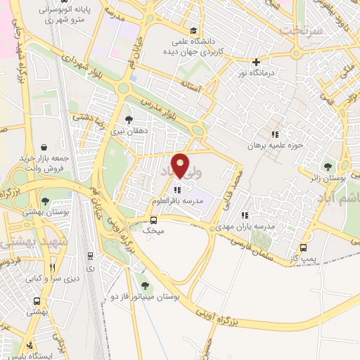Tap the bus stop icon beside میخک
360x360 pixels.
[153, 219]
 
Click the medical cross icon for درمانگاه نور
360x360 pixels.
[256, 62]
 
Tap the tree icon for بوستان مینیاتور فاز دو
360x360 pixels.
[145, 285]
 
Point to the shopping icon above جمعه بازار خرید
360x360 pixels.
[44, 148]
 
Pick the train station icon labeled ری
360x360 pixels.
[90, 257]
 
